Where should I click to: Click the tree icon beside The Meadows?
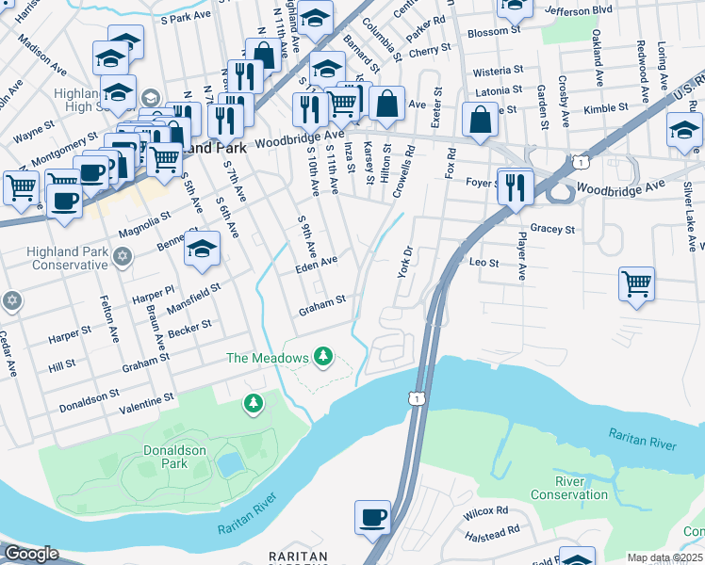point(324,357)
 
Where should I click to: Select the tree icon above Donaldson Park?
point(253,404)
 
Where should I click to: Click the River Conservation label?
point(568,488)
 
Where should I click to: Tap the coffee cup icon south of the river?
point(372,517)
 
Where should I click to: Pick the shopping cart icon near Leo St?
point(637,282)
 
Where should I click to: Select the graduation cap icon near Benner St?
point(202,250)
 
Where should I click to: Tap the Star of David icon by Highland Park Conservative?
point(122,257)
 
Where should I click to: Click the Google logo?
point(30,554)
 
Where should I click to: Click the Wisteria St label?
point(499,71)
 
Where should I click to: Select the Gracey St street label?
point(552,229)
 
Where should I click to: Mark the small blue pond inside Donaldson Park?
point(228,464)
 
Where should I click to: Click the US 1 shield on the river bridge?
point(415,400)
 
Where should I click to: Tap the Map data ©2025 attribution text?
point(665,557)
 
